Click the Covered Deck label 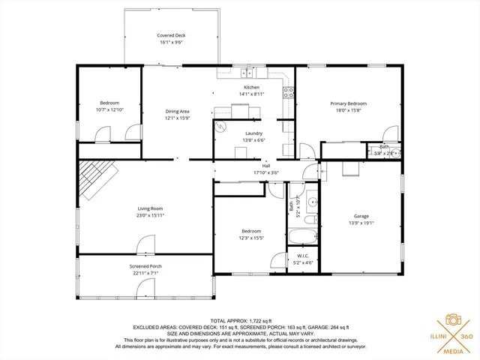[171, 35]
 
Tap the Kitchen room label [251, 87]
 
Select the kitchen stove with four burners [287, 93]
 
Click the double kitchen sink [245, 73]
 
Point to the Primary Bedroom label [348, 103]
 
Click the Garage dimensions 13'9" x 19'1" [361, 223]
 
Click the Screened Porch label [145, 265]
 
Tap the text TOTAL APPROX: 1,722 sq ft [240, 320]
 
